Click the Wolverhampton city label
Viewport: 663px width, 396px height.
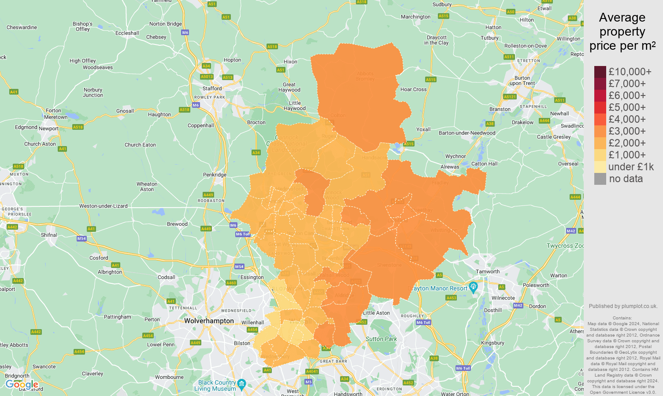coord(209,321)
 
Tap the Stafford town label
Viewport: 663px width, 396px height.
coord(212,88)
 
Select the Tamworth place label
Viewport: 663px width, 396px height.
coord(488,271)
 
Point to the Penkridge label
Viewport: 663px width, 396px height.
coord(215,175)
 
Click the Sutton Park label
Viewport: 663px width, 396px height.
coord(381,339)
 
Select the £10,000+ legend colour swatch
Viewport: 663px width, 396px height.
coord(600,72)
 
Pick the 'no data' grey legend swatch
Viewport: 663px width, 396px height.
coord(600,179)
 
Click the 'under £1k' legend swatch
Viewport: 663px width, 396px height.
coord(600,167)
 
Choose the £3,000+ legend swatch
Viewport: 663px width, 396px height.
coord(600,131)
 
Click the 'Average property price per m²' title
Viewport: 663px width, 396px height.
coord(622,32)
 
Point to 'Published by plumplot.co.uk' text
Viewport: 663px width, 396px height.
coord(623,306)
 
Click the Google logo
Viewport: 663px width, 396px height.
coord(22,385)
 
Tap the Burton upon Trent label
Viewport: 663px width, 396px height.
coord(522,81)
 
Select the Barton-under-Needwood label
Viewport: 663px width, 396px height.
coord(467,133)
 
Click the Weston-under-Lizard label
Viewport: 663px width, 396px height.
coord(103,206)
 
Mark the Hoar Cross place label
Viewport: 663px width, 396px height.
coord(413,89)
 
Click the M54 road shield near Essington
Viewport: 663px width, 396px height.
coord(239,267)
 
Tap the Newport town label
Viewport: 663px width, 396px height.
coord(48,128)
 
